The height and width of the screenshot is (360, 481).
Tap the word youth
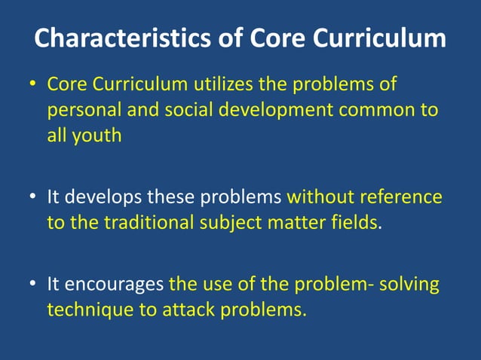94,136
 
